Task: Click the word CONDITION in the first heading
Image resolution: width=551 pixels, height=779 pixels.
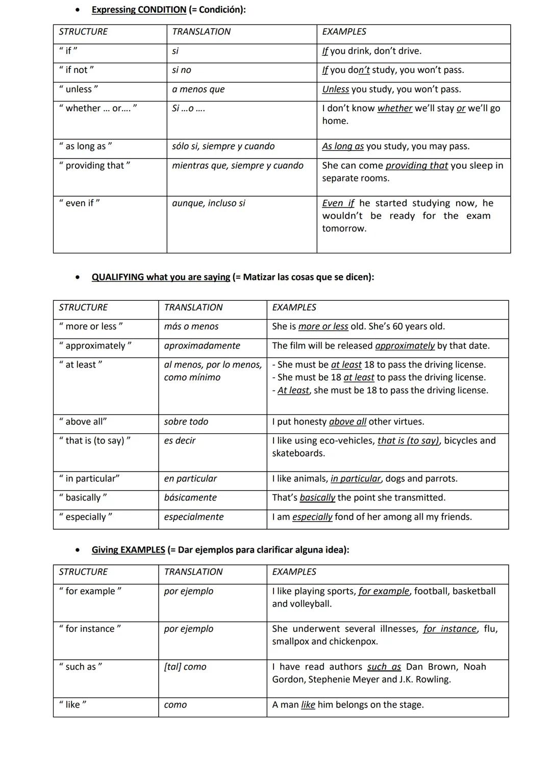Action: pyautogui.click(x=162, y=10)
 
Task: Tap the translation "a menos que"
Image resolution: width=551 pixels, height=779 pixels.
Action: pyautogui.click(x=198, y=89)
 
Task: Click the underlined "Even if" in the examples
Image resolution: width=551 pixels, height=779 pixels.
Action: pyautogui.click(x=338, y=203)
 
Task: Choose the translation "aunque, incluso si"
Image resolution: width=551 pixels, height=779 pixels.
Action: pyautogui.click(x=208, y=203)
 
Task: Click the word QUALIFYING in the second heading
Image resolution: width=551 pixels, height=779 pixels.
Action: pyautogui.click(x=117, y=277)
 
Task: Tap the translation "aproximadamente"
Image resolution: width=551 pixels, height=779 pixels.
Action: pyautogui.click(x=202, y=346)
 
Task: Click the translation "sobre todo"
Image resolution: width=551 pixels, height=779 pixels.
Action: pyautogui.click(x=186, y=422)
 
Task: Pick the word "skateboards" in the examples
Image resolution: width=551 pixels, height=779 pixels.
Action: pyautogui.click(x=297, y=453)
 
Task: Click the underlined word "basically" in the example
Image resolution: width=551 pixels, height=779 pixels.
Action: pyautogui.click(x=317, y=498)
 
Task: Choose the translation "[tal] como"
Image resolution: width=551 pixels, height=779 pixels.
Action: pyautogui.click(x=185, y=667)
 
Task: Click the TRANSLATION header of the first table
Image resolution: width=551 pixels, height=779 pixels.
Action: pyautogui.click(x=201, y=32)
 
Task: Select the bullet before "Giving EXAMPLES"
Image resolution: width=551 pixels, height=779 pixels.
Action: pyautogui.click(x=77, y=551)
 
